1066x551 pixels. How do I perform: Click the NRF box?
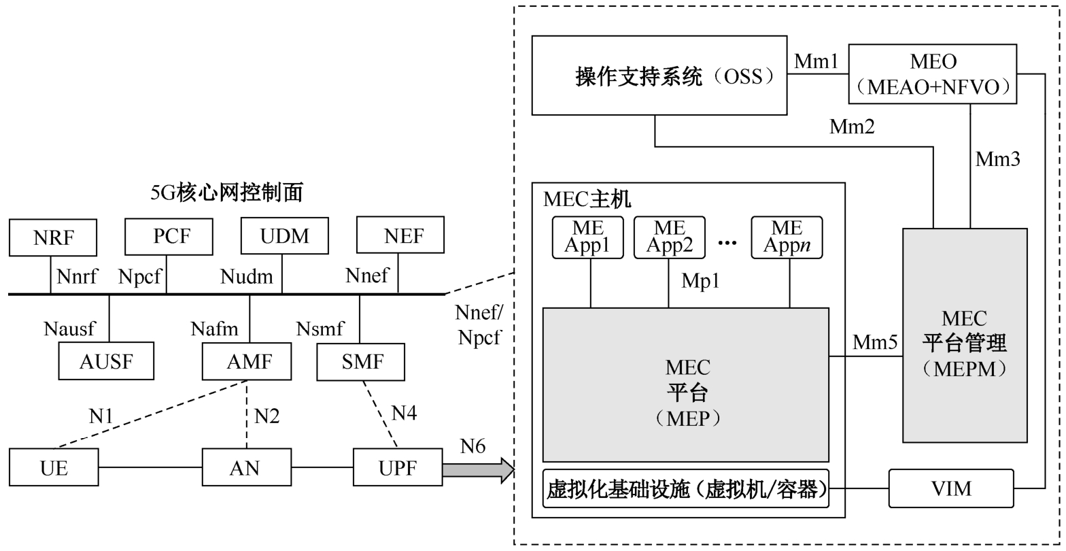pos(53,237)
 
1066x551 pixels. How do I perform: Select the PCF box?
pos(169,236)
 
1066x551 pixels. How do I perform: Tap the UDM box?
pos(285,235)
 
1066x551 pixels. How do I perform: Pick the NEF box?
pos(400,235)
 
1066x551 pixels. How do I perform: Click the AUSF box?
pos(106,361)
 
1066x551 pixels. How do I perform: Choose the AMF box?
pos(247,361)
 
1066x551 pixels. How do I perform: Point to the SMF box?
pos(361,361)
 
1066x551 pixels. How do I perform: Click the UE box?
pos(54,467)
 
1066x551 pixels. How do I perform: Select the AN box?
pos(247,467)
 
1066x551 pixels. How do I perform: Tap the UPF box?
pos(398,467)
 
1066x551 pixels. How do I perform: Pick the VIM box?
pos(950,488)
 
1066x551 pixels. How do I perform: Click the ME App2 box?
pos(670,237)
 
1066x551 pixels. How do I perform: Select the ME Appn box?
pos(787,237)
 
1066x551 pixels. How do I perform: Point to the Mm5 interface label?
pos(875,343)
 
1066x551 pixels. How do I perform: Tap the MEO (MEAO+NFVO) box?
pos(933,73)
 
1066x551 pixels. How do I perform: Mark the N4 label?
pos(404,413)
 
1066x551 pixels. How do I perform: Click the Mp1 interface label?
pos(700,281)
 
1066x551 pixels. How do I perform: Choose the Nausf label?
pos(69,329)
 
